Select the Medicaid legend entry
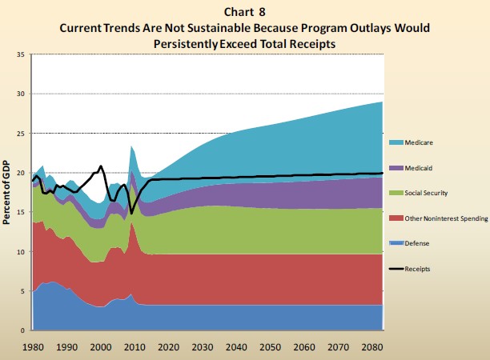(x=426, y=168)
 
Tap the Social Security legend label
(x=433, y=193)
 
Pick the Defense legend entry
(x=425, y=243)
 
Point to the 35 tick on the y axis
(x=21, y=54)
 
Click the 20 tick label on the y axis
(x=21, y=173)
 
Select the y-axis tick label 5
(x=23, y=291)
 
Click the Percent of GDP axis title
(x=6, y=192)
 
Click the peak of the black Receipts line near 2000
(x=101, y=166)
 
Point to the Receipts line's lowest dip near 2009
(x=131, y=214)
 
